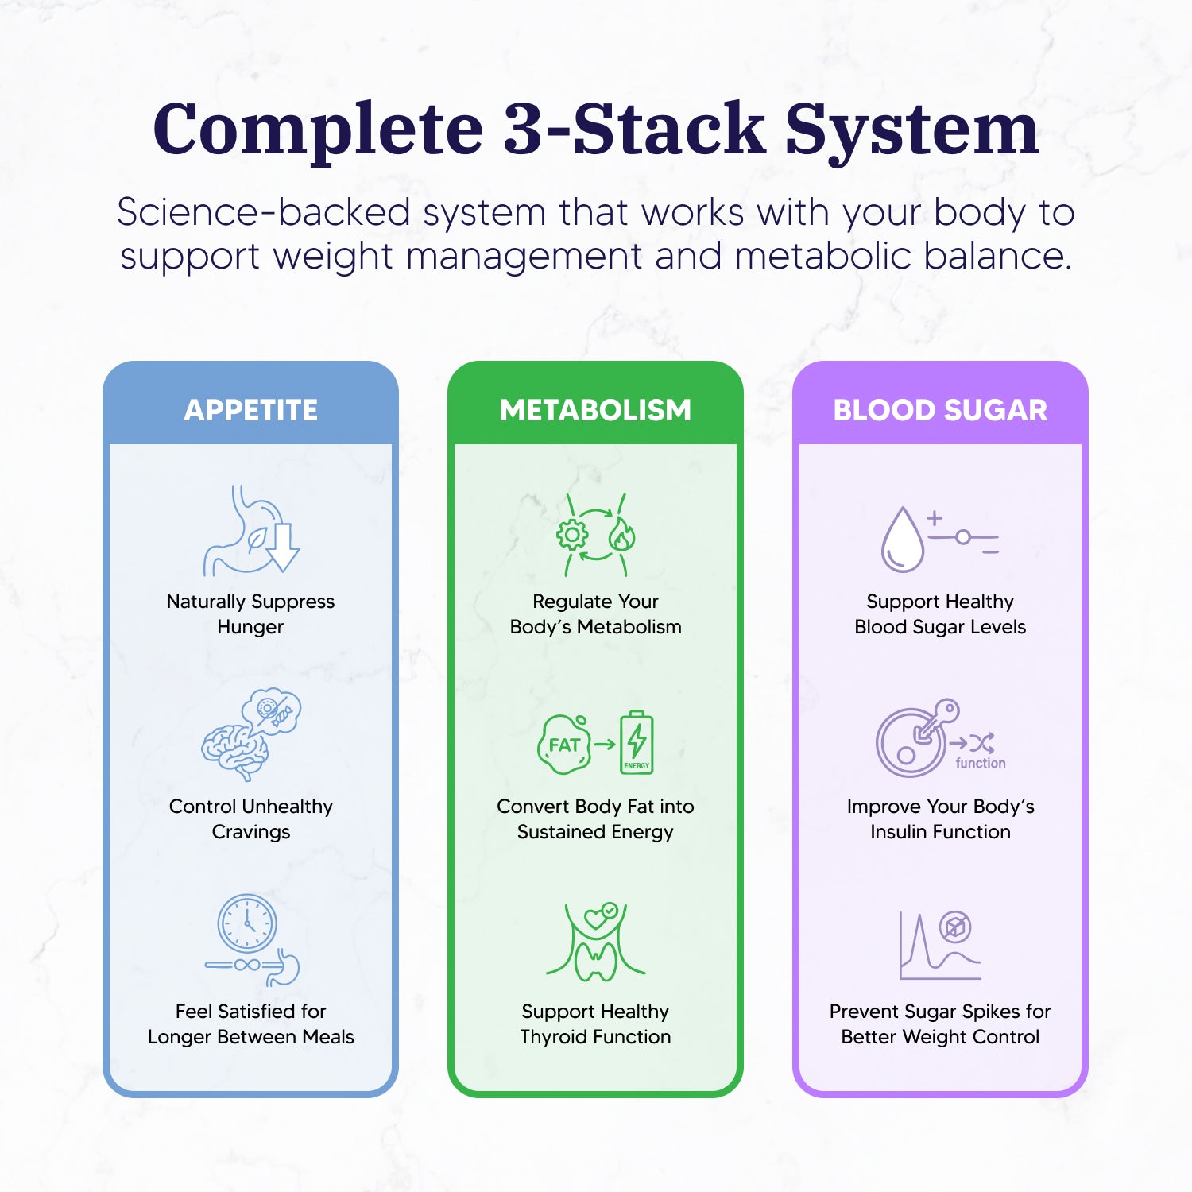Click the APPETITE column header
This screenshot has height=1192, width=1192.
coord(250,410)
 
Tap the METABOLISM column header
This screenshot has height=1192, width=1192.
coord(595,410)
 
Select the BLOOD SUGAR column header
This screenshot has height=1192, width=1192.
coord(940,410)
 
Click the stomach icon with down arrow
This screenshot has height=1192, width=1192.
coord(251,531)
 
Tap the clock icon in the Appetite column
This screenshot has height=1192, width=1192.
coord(247,923)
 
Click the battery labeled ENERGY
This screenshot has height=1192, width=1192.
coord(637,742)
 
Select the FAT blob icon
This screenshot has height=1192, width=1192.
coord(564,745)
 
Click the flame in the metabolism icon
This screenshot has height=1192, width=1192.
coord(621,536)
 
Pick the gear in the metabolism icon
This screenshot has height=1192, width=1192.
coord(571,535)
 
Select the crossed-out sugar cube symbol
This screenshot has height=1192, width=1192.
coord(955,927)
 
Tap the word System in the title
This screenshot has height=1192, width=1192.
coord(912,130)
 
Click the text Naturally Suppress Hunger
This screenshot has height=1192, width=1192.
coord(250,613)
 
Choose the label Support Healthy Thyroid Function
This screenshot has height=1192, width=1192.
coord(595,1024)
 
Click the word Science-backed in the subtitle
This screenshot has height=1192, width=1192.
coord(263,212)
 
